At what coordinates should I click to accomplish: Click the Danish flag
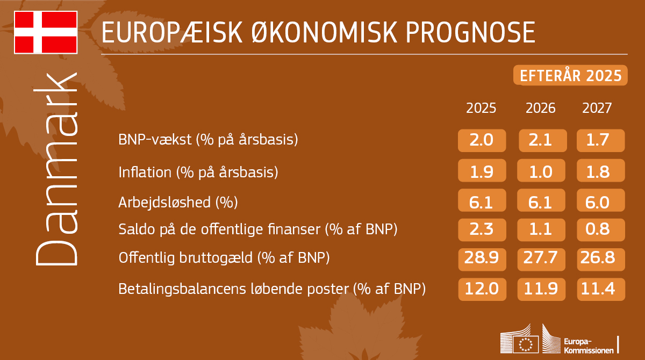[46, 32]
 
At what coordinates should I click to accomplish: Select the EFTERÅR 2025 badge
[570, 76]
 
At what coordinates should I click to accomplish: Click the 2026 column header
[540, 109]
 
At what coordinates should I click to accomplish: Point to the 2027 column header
[597, 109]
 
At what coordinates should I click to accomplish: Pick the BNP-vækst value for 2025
[482, 141]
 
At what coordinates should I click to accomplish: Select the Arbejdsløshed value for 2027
[600, 203]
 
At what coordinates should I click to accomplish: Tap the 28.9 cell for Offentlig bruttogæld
[482, 259]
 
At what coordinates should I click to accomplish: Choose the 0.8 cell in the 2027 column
[600, 229]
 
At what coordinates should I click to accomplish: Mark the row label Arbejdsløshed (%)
[178, 203]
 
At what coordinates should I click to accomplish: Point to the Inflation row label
[198, 172]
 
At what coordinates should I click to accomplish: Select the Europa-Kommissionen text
[588, 346]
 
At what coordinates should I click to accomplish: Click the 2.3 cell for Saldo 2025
[482, 229]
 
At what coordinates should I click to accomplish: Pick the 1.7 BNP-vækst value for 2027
[600, 141]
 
